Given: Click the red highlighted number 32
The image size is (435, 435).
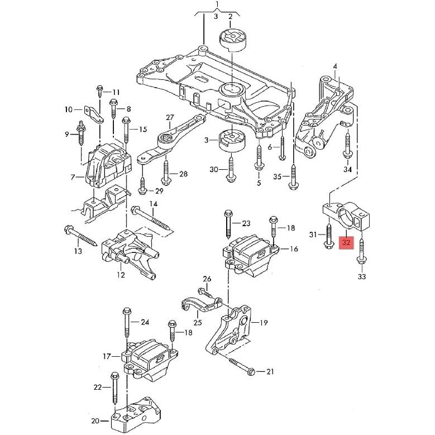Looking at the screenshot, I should point(347,243).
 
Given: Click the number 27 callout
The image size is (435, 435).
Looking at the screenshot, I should point(170,118).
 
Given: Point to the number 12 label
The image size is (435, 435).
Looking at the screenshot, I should point(121,274).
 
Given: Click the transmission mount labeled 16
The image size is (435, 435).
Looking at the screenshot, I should point(248,257).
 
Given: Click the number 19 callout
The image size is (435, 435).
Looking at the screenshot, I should point(263,322).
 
